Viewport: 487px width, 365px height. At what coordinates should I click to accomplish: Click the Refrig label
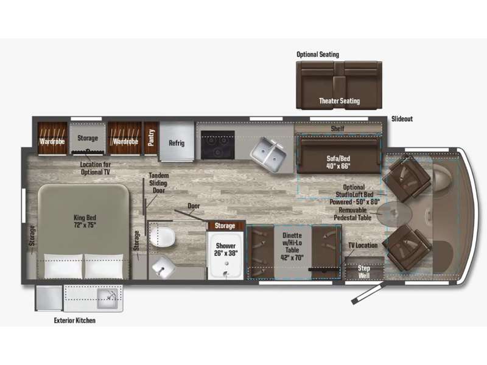(177, 143)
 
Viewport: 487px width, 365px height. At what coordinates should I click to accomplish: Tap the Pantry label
(151, 137)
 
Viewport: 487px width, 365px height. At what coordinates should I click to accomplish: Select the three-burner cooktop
(217, 145)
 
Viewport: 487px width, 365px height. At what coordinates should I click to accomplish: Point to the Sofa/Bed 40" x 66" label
(338, 162)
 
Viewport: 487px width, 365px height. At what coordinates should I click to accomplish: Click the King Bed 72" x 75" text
(85, 221)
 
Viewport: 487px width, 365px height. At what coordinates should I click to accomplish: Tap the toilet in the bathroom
(162, 237)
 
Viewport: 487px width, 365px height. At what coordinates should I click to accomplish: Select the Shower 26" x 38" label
(226, 249)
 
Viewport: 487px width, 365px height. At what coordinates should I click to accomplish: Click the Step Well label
(363, 271)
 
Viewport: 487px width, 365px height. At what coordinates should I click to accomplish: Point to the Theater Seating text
(340, 101)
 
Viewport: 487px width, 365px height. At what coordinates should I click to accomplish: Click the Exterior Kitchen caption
(74, 321)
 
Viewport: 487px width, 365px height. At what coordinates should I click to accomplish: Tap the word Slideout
(402, 119)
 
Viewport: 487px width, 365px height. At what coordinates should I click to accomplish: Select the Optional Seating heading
(318, 54)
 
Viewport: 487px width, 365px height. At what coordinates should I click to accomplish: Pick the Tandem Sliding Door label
(158, 183)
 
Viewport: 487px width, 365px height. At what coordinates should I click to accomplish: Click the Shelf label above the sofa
(338, 128)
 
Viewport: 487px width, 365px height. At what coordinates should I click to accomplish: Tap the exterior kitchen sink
(108, 299)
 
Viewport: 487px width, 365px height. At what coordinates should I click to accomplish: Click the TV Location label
(363, 245)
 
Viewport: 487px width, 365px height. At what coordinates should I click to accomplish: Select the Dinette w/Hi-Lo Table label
(292, 246)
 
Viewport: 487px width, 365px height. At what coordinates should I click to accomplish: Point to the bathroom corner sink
(163, 267)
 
